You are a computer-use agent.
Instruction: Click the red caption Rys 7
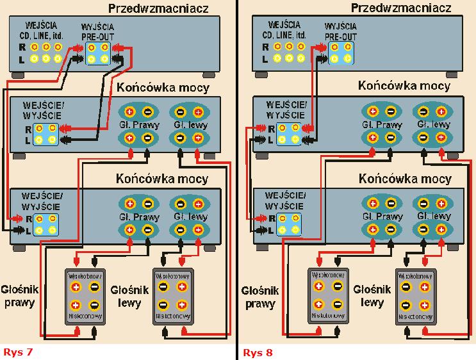(x=17, y=352)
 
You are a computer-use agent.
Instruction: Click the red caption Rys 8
(x=258, y=352)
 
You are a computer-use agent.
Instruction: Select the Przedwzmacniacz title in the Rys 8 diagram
(x=397, y=8)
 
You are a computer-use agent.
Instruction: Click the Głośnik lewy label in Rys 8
(x=369, y=295)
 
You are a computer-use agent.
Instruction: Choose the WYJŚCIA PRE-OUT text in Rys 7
(x=97, y=33)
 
